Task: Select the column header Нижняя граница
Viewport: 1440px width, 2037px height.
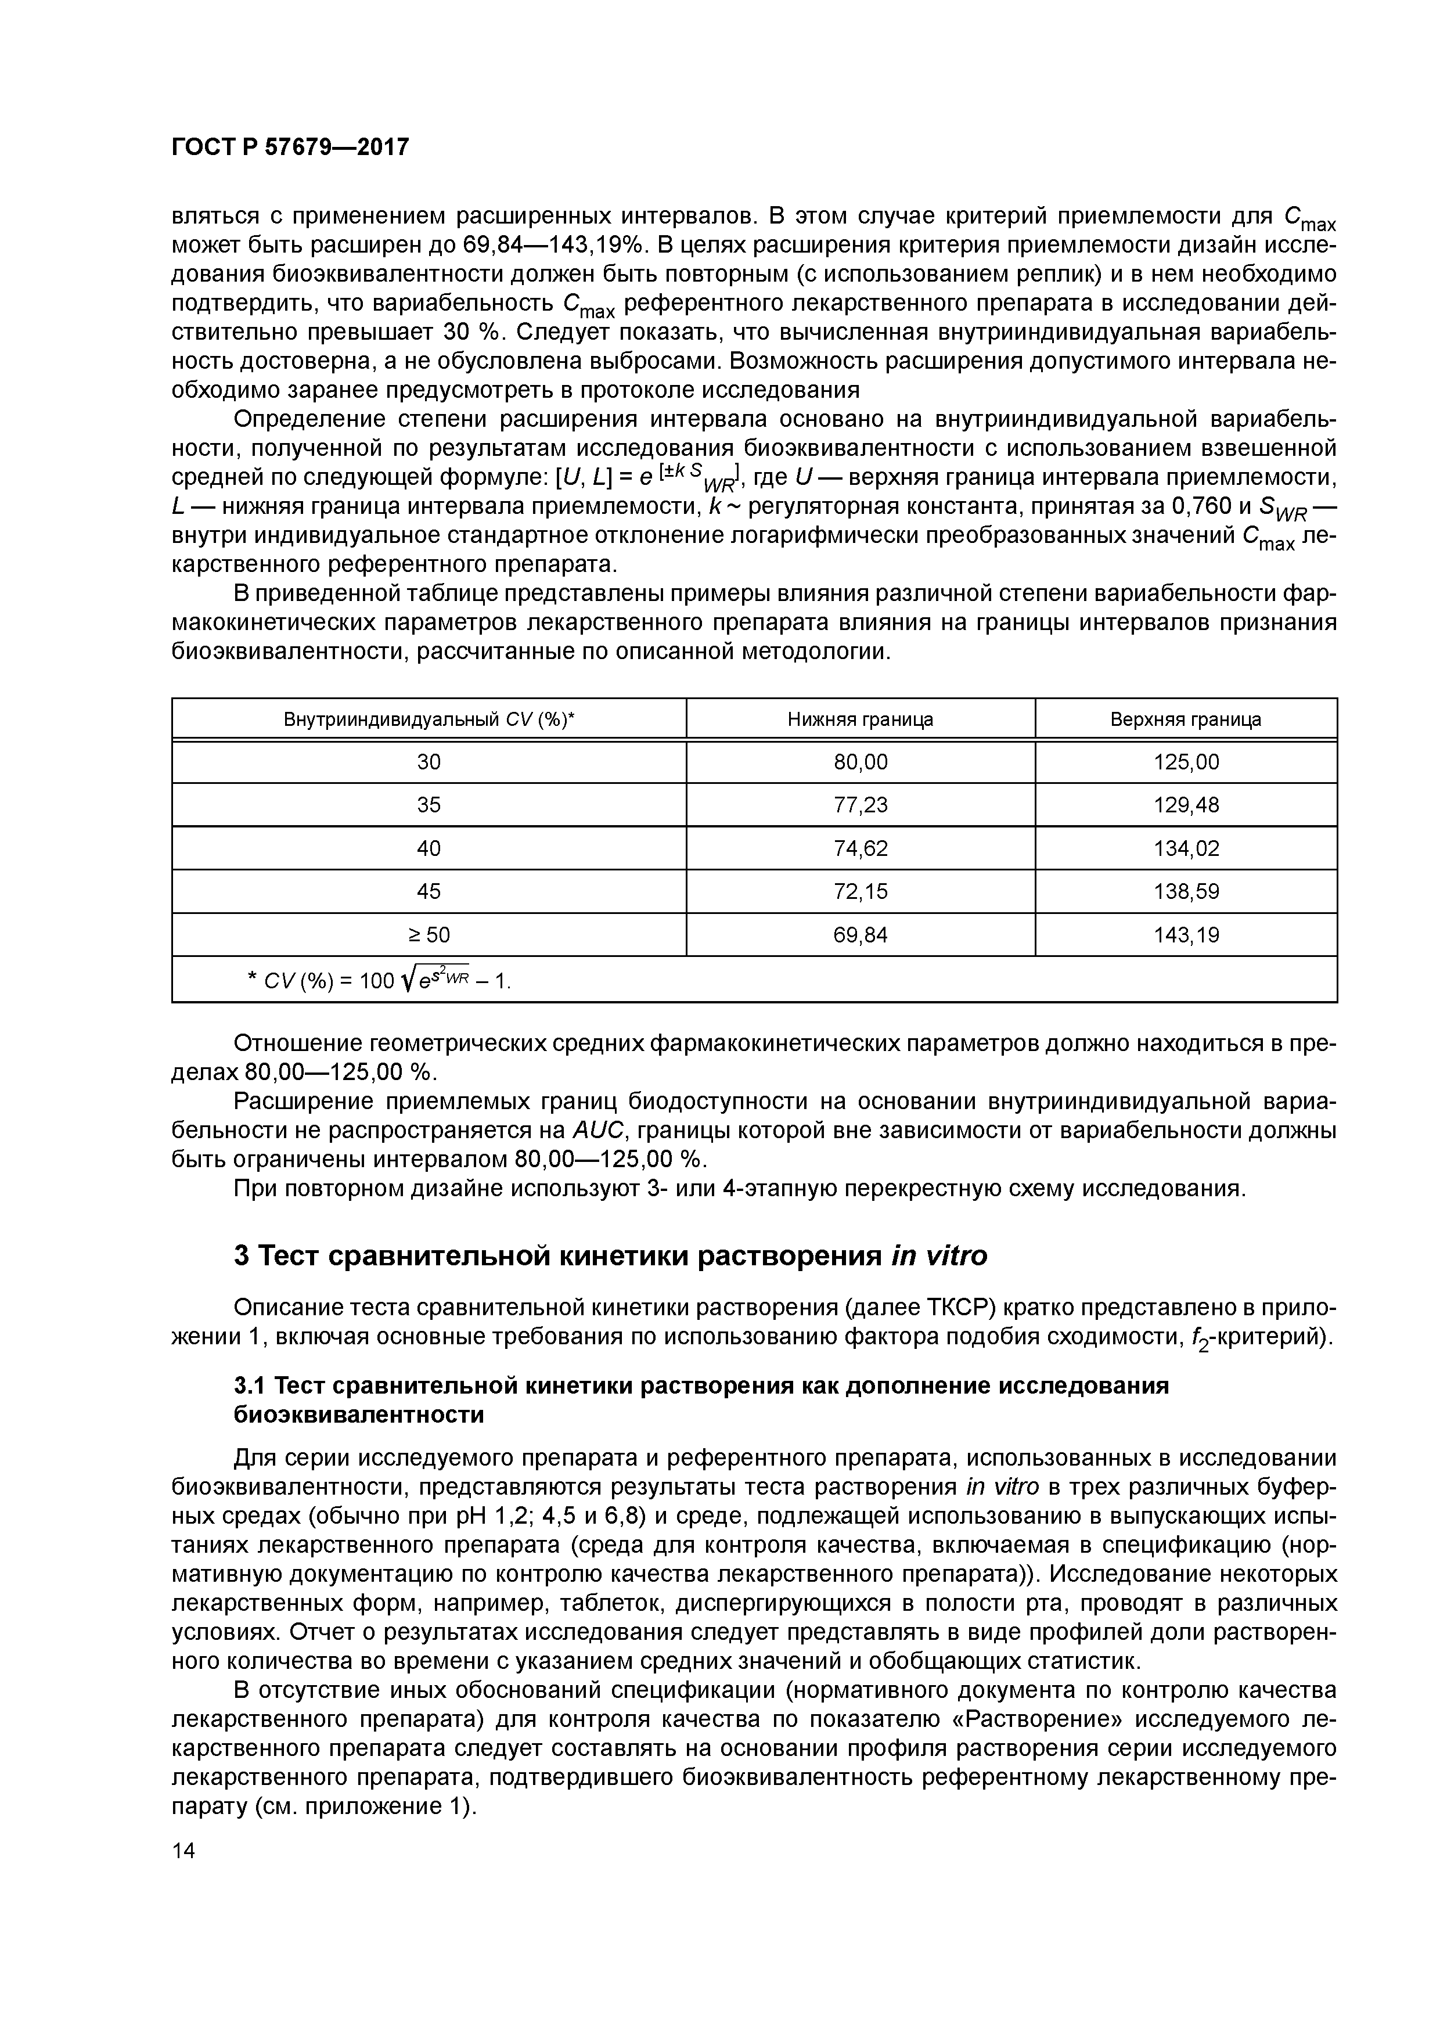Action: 860,719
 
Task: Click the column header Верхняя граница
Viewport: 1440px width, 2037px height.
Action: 1185,719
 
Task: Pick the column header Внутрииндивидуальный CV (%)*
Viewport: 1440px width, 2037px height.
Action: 429,719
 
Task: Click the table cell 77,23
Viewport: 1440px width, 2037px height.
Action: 860,805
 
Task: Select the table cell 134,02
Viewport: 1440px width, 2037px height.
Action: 1185,849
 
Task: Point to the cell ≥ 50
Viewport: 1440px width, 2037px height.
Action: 429,935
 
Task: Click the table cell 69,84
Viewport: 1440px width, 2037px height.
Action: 860,935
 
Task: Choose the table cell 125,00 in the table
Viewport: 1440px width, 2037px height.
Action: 1185,762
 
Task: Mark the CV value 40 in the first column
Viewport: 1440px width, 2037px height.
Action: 429,849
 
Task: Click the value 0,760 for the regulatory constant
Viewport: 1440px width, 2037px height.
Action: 1205,506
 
